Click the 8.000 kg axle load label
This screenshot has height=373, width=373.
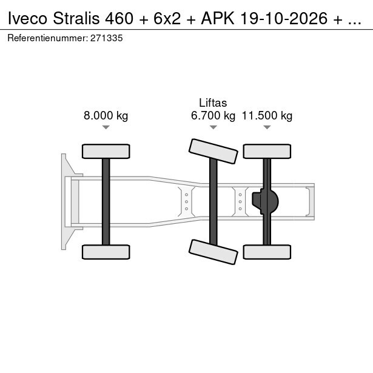(106, 116)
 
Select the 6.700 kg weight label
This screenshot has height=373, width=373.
(213, 116)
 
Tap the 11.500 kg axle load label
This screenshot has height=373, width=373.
(267, 116)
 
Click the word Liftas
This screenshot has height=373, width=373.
(213, 102)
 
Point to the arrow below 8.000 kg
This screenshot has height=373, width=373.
(106, 127)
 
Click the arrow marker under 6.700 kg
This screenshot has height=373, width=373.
(213, 127)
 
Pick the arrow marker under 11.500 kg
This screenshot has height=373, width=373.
(267, 127)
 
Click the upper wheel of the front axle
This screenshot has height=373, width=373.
(106, 151)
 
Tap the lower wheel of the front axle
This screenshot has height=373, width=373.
(106, 252)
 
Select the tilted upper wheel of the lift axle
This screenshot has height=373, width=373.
(213, 151)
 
